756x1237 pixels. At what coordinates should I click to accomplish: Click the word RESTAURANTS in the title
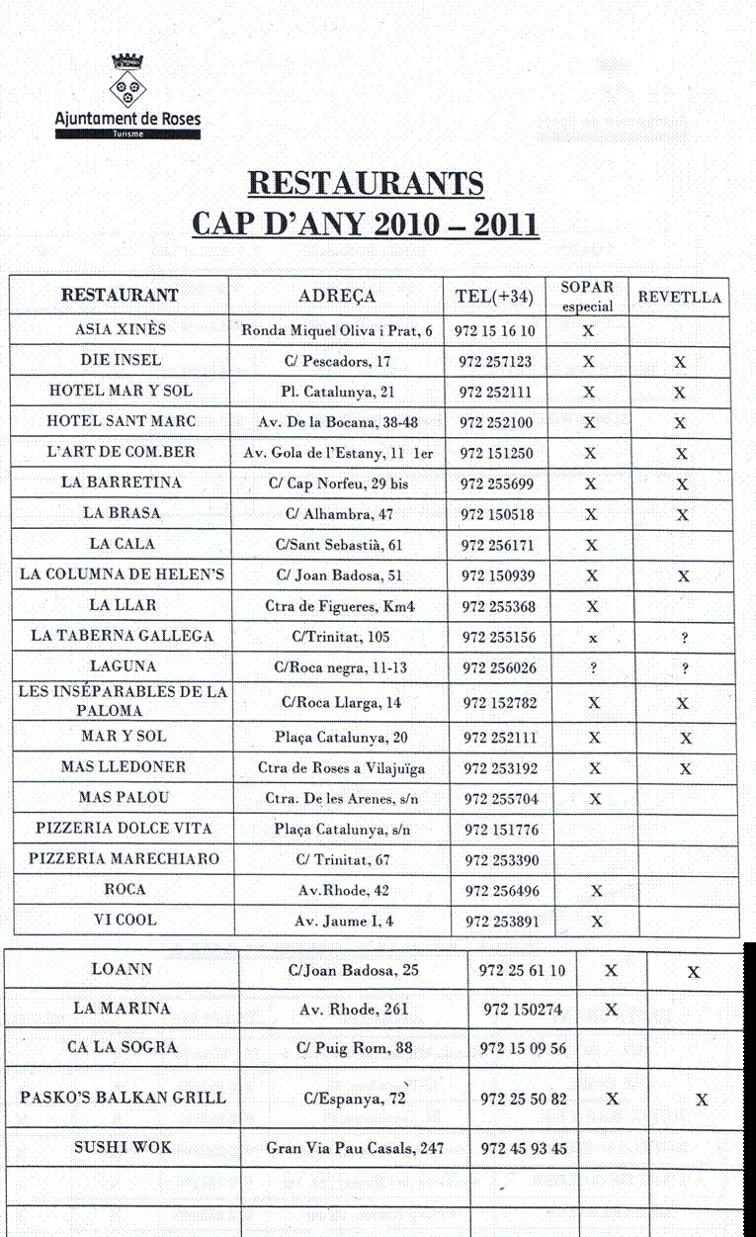365,183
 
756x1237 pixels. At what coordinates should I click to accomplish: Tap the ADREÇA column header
337,296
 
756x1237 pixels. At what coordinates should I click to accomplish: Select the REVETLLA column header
680,297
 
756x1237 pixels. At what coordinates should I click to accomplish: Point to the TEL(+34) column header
494,297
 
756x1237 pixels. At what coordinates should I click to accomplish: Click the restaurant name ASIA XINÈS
121,329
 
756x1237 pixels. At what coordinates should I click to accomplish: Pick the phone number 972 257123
496,361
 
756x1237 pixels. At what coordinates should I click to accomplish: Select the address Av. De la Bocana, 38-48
338,422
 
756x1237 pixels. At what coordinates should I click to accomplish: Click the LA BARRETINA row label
121,484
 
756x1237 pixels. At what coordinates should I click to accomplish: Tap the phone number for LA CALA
496,545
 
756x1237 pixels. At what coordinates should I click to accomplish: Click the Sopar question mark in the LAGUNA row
593,668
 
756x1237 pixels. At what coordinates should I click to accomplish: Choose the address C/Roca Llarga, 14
337,703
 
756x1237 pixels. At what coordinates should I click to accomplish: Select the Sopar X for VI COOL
596,922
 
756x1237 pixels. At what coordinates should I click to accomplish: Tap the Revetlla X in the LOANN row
694,972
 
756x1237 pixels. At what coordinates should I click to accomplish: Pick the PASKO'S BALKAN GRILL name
123,1098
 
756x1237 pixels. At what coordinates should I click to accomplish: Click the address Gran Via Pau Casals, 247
355,1148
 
